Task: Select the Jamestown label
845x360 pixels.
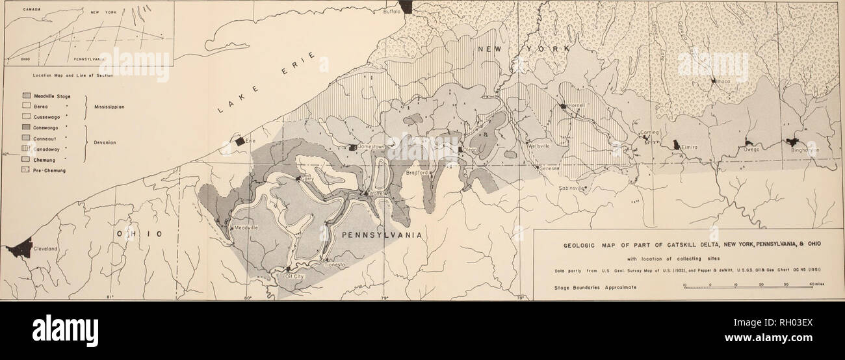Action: point(372,148)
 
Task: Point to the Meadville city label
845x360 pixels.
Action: point(246,227)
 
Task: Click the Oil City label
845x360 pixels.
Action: point(298,276)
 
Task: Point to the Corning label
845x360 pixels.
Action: point(650,133)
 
